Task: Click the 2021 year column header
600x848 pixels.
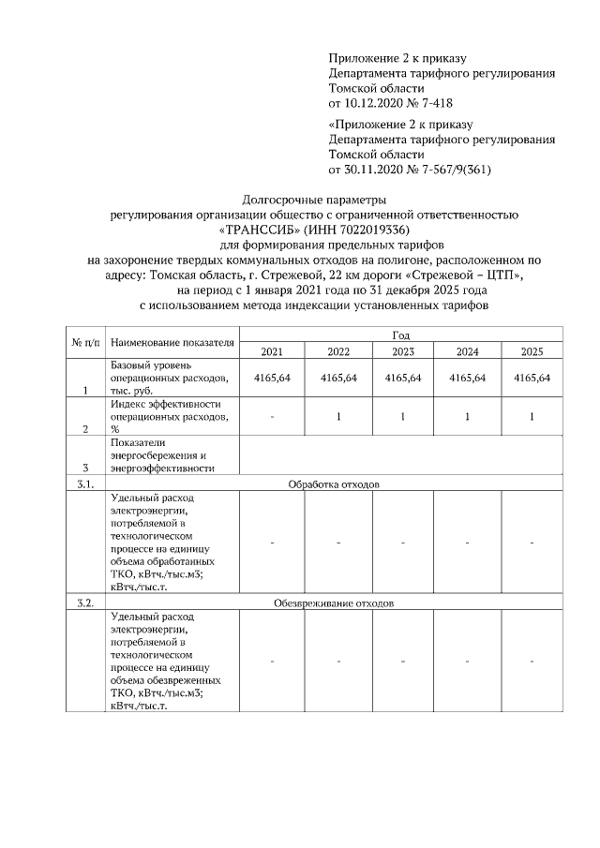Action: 272,351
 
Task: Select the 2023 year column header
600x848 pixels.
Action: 401,351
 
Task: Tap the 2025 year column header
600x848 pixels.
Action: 531,351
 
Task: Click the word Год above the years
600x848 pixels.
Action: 400,335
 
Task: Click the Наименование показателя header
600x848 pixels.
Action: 172,343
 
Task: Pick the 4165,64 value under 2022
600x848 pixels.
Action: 337,378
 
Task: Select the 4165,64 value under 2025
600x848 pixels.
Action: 531,378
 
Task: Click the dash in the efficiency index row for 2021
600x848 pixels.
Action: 272,417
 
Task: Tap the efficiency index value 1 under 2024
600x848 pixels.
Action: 466,417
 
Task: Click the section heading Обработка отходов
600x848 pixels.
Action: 333,484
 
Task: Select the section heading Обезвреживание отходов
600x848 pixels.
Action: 333,603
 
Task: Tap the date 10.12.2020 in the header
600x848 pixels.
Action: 374,102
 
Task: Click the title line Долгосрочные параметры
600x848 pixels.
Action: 314,200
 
